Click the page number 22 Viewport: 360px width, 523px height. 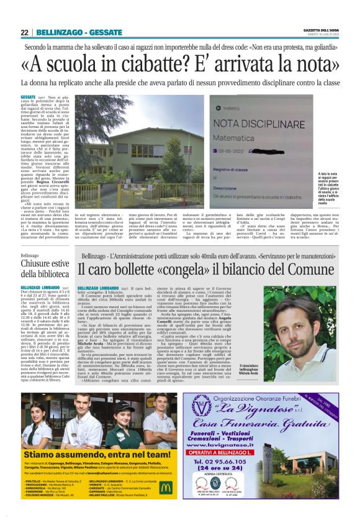(x=24, y=32)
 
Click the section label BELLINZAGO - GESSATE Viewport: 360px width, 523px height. (x=70, y=32)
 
